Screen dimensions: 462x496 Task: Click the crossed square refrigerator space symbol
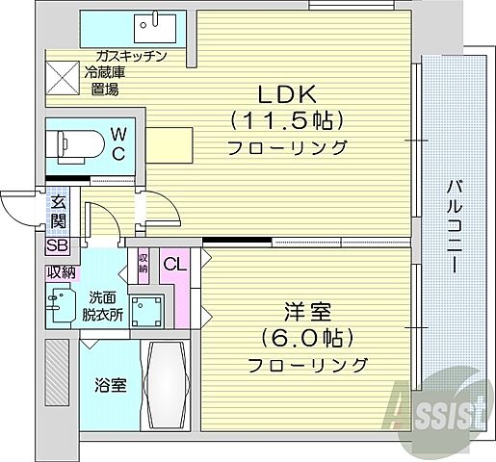(x=62, y=75)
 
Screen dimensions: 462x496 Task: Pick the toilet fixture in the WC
(x=76, y=143)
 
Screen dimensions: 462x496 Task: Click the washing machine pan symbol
(x=147, y=309)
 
